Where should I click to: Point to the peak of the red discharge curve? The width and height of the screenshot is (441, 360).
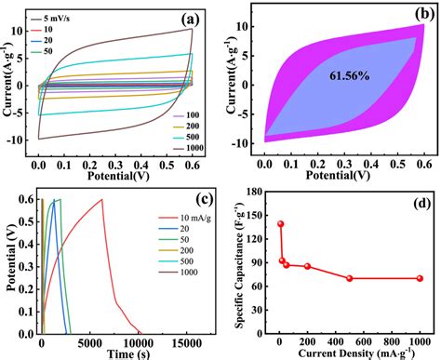[101, 199]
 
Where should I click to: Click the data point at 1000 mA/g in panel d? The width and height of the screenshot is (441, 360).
[420, 278]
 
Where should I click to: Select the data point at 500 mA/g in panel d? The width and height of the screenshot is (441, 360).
[349, 278]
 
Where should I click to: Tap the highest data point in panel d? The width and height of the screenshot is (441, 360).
[280, 224]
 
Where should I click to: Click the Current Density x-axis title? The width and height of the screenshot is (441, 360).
[350, 353]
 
